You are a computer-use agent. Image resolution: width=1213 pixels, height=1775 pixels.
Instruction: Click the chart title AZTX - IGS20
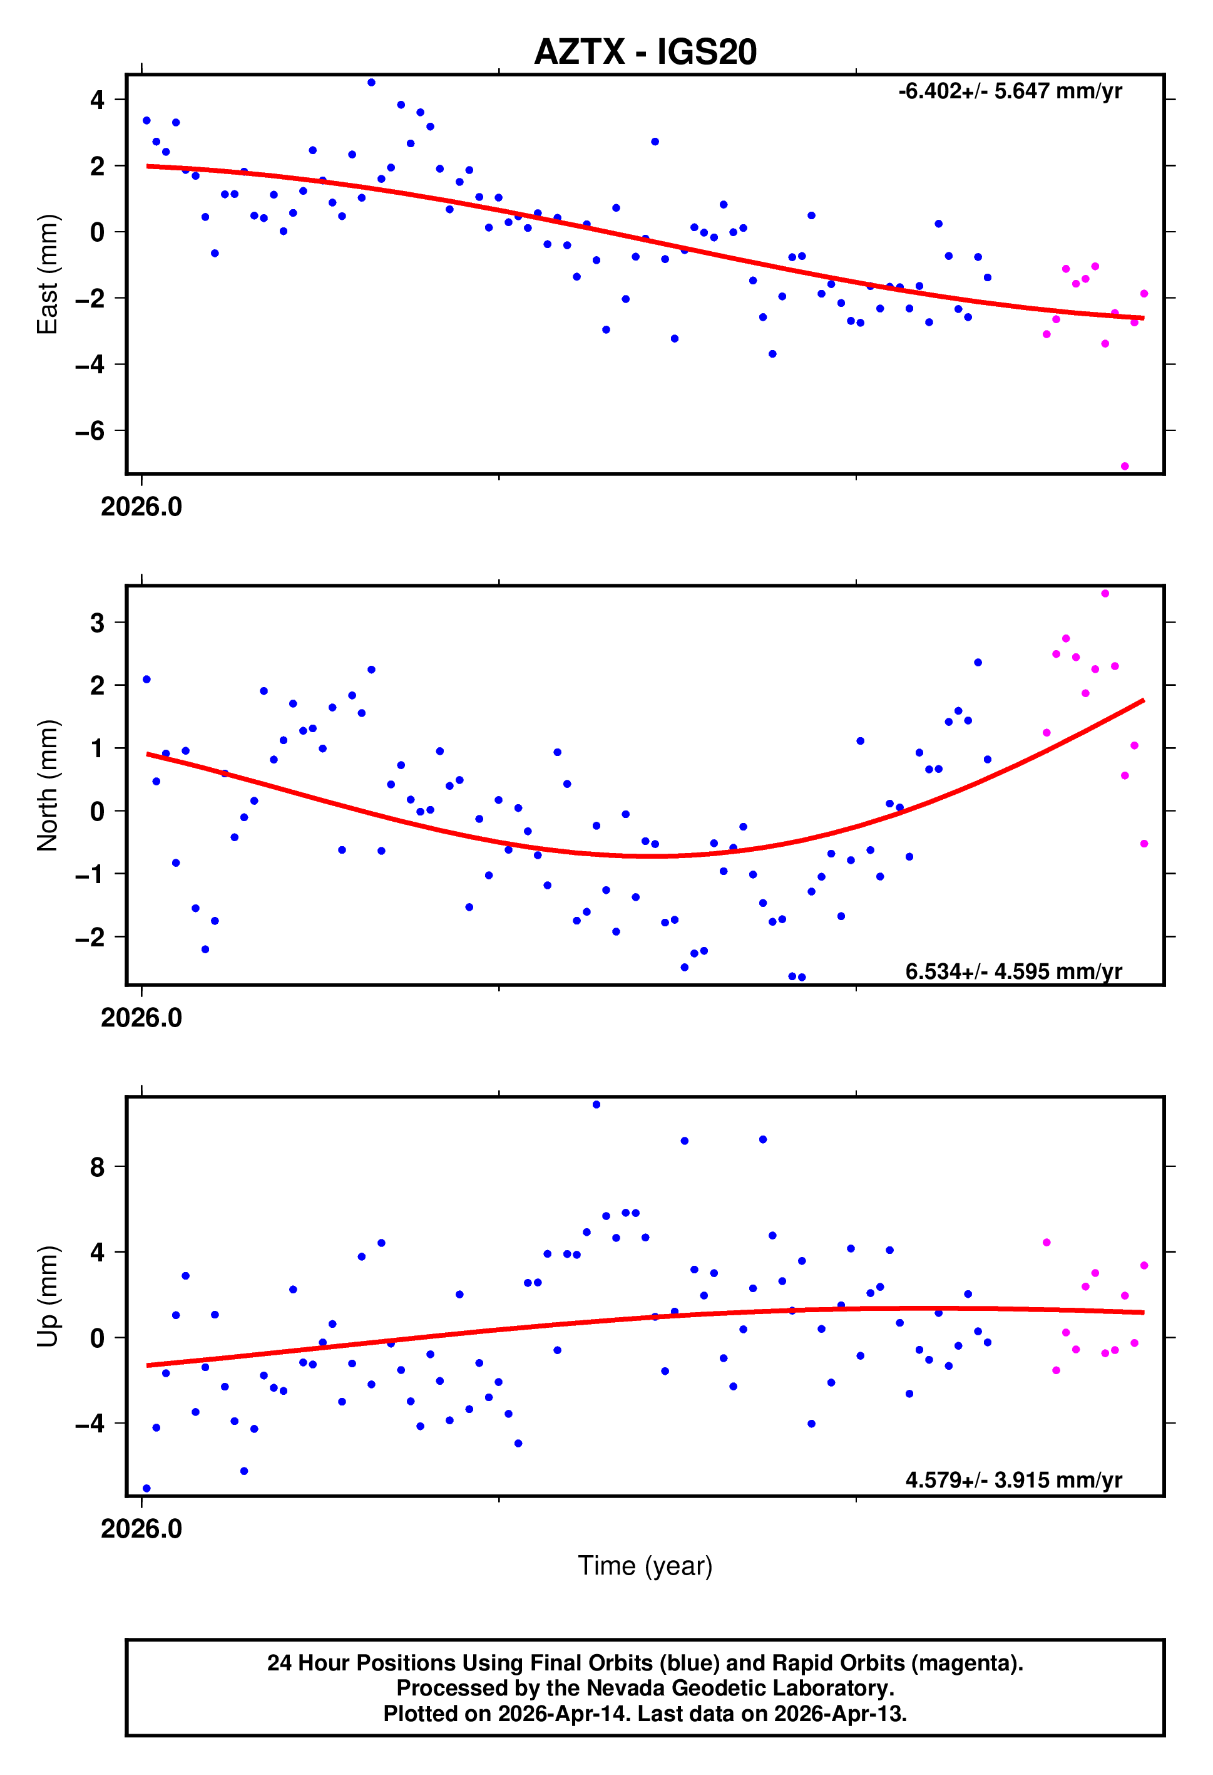(645, 52)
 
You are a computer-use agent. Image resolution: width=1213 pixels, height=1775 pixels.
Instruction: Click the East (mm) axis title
(48, 274)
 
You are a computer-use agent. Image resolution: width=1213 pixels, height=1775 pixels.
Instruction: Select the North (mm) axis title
(48, 785)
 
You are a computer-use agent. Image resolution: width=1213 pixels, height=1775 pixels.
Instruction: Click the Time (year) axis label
(645, 1565)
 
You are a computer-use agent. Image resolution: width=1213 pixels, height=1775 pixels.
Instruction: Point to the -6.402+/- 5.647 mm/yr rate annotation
(1010, 91)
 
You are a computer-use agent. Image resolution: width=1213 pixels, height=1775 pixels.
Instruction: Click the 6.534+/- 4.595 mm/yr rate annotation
(1013, 971)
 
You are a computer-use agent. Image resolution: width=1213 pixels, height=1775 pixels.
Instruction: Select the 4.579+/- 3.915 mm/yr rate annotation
(1013, 1480)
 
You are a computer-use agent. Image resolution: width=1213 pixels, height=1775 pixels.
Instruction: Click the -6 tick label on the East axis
(90, 432)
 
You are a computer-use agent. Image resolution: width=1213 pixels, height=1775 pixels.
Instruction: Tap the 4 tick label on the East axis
(97, 100)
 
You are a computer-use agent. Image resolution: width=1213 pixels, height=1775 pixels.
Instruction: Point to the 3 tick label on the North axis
(97, 623)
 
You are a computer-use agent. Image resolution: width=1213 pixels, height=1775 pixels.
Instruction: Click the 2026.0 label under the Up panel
(141, 1528)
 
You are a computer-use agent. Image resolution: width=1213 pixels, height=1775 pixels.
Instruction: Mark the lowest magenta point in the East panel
(1125, 466)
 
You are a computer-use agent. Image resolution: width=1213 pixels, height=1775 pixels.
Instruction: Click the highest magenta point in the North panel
(1105, 594)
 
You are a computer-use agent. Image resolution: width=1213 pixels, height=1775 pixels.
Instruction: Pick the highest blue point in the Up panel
(596, 1104)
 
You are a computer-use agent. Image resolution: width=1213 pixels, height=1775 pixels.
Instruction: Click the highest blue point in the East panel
(371, 83)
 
